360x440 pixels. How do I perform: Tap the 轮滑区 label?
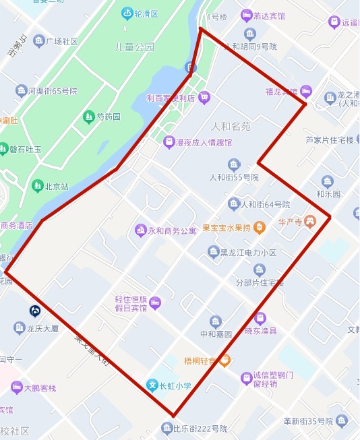146,14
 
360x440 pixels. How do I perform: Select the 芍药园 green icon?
88,117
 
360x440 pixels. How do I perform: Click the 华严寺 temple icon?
310,220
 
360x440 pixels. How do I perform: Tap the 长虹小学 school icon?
153,385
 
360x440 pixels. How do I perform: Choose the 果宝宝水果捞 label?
226,228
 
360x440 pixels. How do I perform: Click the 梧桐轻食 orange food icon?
225,360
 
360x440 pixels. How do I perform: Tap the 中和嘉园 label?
216,334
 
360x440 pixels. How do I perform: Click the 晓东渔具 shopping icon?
260,318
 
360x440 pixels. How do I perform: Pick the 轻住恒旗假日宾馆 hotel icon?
155,302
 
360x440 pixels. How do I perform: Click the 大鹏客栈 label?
40,388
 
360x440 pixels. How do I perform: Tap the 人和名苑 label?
231,126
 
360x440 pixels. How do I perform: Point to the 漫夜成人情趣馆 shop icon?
169,142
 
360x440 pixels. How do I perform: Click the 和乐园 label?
328,193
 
